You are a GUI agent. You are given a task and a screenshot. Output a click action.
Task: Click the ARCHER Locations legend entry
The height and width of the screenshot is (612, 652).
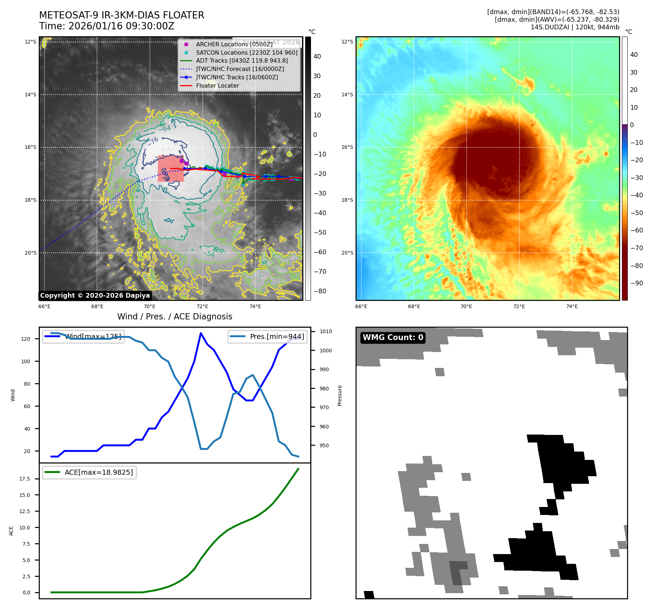[x=234, y=44]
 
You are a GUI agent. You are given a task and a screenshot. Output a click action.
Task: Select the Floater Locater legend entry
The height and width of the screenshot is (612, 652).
[x=217, y=86]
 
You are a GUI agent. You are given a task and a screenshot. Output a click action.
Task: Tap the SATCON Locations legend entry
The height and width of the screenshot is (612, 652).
[x=247, y=53]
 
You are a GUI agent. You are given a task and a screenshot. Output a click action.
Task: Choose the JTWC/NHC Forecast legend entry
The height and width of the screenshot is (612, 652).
[x=240, y=69]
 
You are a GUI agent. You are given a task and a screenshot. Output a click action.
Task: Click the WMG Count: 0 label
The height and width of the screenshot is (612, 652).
[x=393, y=338]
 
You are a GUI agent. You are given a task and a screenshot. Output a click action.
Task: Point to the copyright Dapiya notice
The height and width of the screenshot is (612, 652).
[x=95, y=295]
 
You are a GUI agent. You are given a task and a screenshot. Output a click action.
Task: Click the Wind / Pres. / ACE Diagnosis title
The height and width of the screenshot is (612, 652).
[x=174, y=317]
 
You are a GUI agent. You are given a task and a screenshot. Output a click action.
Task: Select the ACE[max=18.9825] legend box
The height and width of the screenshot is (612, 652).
[x=89, y=472]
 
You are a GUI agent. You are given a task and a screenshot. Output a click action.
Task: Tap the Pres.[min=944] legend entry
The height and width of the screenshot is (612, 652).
[x=268, y=336]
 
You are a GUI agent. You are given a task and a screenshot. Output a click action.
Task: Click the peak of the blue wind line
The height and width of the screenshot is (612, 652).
[x=201, y=333]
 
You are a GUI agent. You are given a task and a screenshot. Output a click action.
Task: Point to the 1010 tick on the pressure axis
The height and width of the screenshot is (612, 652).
[x=325, y=331]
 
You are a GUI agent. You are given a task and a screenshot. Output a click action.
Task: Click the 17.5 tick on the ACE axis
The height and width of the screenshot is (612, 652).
[x=25, y=479]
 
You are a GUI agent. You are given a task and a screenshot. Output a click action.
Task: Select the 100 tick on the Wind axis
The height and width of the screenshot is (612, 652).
[x=26, y=361]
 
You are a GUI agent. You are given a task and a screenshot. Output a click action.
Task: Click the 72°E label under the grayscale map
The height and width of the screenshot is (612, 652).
[x=202, y=306]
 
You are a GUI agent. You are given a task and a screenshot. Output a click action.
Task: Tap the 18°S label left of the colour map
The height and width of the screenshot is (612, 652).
[x=347, y=200]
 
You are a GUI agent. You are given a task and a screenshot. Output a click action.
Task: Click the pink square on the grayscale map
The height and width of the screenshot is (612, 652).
[x=171, y=169]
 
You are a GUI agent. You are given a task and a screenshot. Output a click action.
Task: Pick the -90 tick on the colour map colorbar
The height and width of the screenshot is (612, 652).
[x=636, y=283]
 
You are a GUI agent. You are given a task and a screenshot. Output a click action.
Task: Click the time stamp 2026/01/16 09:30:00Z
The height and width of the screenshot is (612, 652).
[x=121, y=26]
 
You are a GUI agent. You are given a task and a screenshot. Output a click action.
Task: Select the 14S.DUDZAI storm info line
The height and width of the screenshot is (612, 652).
[x=575, y=27]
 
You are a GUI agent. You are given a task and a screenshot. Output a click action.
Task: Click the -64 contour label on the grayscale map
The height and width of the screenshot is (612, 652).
[x=165, y=129]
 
